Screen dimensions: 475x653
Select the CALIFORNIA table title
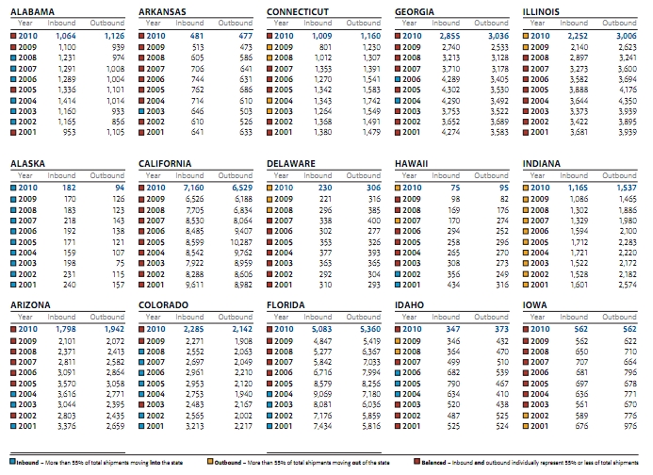point(167,163)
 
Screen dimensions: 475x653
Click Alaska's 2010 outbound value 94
point(119,188)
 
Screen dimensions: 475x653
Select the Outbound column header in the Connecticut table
point(362,22)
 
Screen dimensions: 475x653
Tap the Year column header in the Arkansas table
point(155,22)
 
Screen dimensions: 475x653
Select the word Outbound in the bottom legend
point(235,464)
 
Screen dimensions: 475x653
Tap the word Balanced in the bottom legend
point(434,464)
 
